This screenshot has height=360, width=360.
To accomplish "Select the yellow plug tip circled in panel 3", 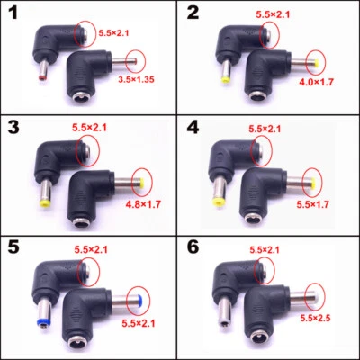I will tap(143, 185).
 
